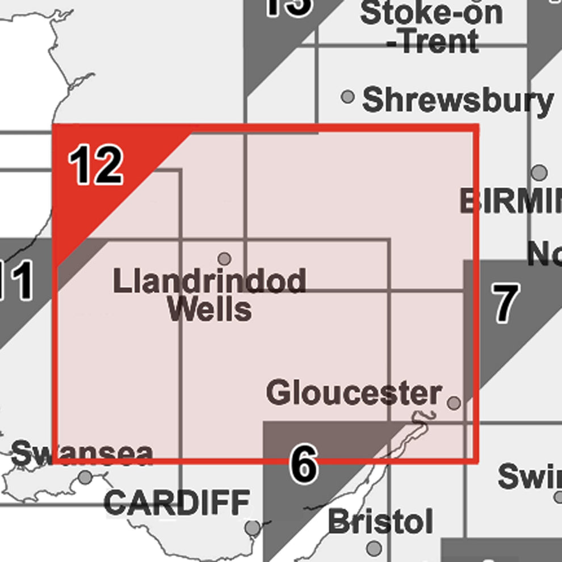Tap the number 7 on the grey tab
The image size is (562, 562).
click(505, 302)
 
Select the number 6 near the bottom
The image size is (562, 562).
click(303, 463)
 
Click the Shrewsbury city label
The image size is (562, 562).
click(458, 101)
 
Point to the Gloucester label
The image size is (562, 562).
click(353, 393)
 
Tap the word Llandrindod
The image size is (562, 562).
click(209, 282)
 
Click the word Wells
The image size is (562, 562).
click(209, 309)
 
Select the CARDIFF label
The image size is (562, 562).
click(177, 502)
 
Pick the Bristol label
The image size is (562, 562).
click(380, 521)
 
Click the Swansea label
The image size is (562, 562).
click(82, 454)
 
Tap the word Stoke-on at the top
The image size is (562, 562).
click(431, 13)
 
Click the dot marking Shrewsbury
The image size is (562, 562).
click(348, 97)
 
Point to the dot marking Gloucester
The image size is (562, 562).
click(454, 403)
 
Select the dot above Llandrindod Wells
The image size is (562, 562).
click(225, 259)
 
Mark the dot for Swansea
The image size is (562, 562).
click(86, 477)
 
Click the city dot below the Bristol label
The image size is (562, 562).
click(374, 548)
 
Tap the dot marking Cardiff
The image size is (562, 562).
click(252, 529)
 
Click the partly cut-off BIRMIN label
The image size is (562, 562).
click(510, 201)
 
